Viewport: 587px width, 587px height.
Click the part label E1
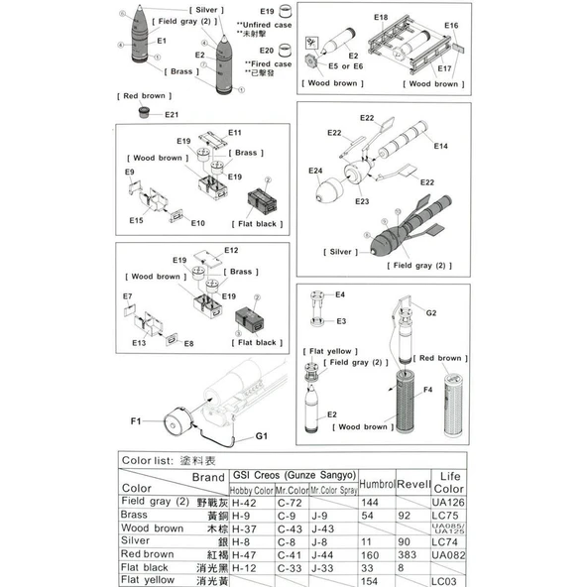click(161, 41)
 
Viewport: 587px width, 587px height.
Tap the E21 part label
click(171, 114)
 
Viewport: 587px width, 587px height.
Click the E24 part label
click(315, 171)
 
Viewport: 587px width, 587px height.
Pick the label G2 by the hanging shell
click(430, 312)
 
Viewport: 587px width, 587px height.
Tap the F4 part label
click(427, 390)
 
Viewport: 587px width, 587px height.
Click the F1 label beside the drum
click(136, 422)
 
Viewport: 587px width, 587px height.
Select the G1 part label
click(262, 435)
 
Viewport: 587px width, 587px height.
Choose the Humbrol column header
click(376, 483)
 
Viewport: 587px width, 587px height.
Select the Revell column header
click(414, 483)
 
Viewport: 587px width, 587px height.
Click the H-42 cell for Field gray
click(243, 503)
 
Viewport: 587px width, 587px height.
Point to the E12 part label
click(230, 251)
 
